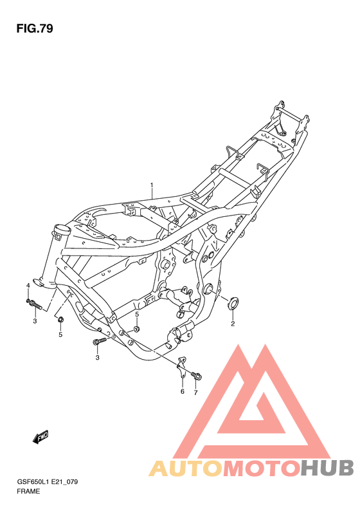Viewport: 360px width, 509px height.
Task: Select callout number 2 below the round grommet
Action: tap(233, 324)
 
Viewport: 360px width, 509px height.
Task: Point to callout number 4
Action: tap(28, 285)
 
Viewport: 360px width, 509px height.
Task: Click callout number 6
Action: tap(182, 391)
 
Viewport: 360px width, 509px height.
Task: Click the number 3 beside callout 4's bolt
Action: tap(35, 320)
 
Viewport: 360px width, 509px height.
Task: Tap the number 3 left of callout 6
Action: tap(97, 358)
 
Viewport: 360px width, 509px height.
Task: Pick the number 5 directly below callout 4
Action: tap(60, 335)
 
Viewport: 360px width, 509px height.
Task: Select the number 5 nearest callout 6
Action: tap(136, 314)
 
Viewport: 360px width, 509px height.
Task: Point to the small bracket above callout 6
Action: tap(182, 367)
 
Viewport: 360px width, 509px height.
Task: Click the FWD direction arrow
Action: tap(41, 438)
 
